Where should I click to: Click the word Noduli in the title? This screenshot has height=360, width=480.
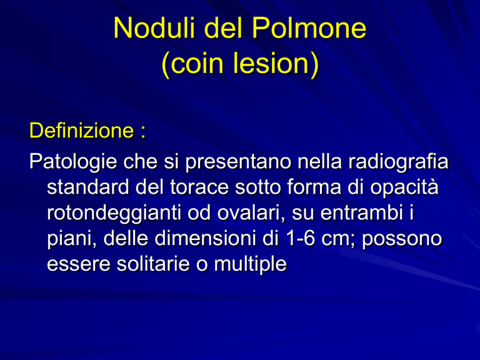tap(154, 28)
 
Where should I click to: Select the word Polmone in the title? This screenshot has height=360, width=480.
tap(309, 28)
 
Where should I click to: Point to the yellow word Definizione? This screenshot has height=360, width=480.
tap(82, 131)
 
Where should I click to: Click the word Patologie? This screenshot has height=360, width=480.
tap(73, 162)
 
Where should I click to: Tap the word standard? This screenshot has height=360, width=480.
tap(88, 187)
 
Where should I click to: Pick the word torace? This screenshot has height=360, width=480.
tap(199, 187)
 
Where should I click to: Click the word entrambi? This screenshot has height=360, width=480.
tap(362, 212)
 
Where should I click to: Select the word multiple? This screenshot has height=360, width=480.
tap(250, 265)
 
